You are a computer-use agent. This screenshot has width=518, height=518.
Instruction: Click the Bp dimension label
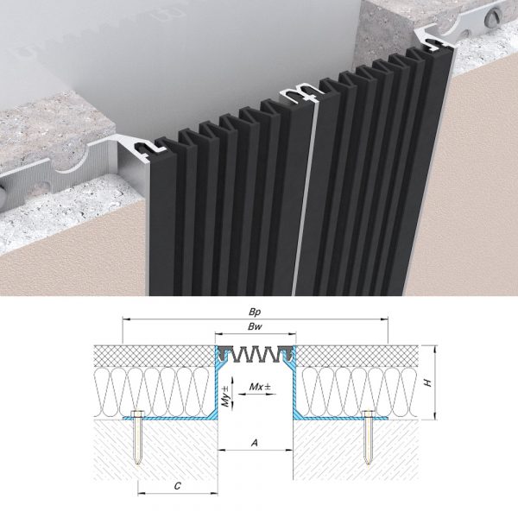255,312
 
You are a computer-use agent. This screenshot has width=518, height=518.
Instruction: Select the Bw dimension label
255,326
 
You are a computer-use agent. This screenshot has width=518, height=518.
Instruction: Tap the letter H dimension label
428,382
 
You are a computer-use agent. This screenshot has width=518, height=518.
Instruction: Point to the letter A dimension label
255,443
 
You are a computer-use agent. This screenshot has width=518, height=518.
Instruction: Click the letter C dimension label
178,486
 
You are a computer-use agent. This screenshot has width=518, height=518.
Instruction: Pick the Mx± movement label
260,387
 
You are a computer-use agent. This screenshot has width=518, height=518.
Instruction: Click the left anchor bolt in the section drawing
137,436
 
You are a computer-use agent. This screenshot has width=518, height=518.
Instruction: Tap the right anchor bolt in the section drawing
369,436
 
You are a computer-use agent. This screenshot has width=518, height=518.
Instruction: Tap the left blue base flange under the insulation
168,418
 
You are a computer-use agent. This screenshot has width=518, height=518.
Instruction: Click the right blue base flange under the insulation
341,418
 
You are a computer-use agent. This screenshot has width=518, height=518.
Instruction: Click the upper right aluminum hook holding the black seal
433,41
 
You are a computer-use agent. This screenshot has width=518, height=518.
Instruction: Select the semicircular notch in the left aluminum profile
71,165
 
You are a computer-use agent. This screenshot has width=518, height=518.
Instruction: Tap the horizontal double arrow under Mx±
257,395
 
